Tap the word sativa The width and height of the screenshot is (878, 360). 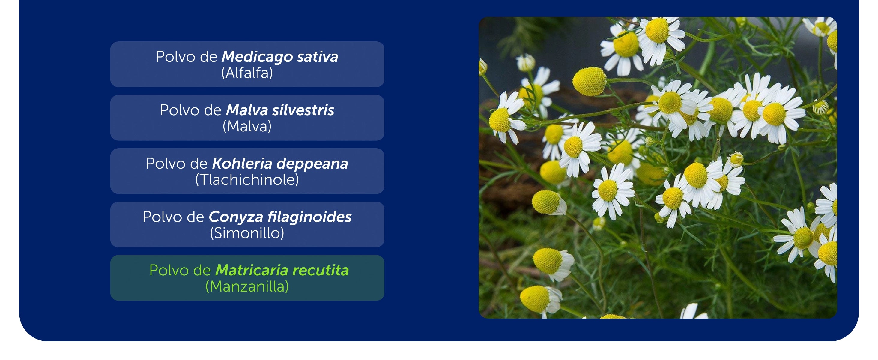click(x=318, y=57)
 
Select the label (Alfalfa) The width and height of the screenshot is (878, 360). click(x=247, y=73)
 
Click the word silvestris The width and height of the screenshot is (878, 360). click(x=303, y=110)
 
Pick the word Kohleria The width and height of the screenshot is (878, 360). click(x=242, y=163)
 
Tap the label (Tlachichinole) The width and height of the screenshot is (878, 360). click(x=247, y=180)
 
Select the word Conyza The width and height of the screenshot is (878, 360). click(x=236, y=217)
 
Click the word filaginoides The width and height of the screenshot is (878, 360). click(x=309, y=217)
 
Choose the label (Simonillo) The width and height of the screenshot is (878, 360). click(x=247, y=233)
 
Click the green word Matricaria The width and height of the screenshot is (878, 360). click(x=252, y=270)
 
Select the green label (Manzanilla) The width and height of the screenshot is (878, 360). click(x=247, y=287)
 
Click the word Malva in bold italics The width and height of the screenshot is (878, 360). click(x=247, y=110)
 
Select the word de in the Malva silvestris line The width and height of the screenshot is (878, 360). click(x=213, y=110)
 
